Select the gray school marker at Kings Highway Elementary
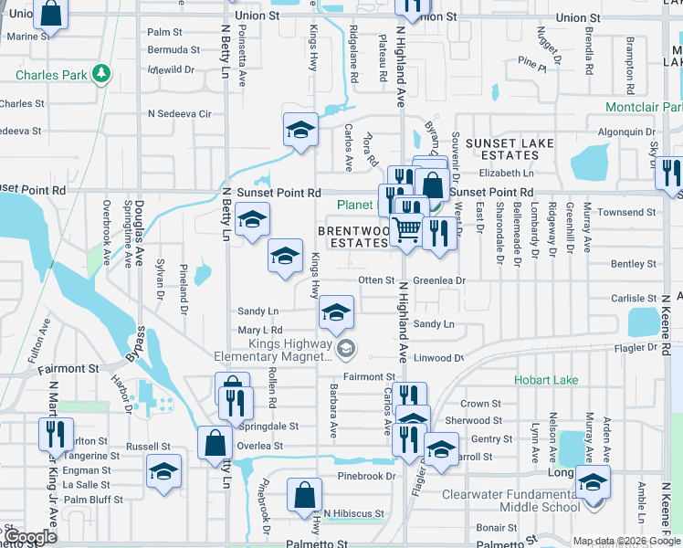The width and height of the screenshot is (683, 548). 346,349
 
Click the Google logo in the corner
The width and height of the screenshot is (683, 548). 29,538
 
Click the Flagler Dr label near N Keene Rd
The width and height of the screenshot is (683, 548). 640,347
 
